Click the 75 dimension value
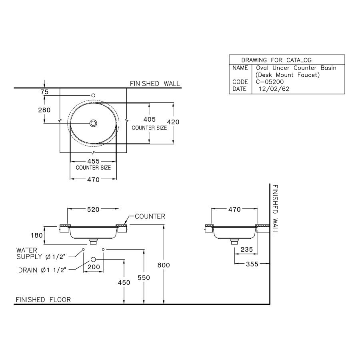point(44,92)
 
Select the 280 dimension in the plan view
point(44,110)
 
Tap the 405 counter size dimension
point(149,120)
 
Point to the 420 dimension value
point(173,122)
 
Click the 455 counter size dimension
point(93,161)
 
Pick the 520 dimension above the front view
point(93,209)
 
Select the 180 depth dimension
point(36,235)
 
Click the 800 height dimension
point(164,265)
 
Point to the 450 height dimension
point(124,282)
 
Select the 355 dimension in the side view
point(252,264)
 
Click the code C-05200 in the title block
point(270,82)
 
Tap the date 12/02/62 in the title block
point(274,89)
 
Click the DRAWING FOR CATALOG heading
point(282,60)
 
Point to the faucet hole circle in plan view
point(93,95)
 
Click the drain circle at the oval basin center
point(93,123)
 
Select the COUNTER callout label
point(150,216)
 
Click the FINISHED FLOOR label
point(43,300)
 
